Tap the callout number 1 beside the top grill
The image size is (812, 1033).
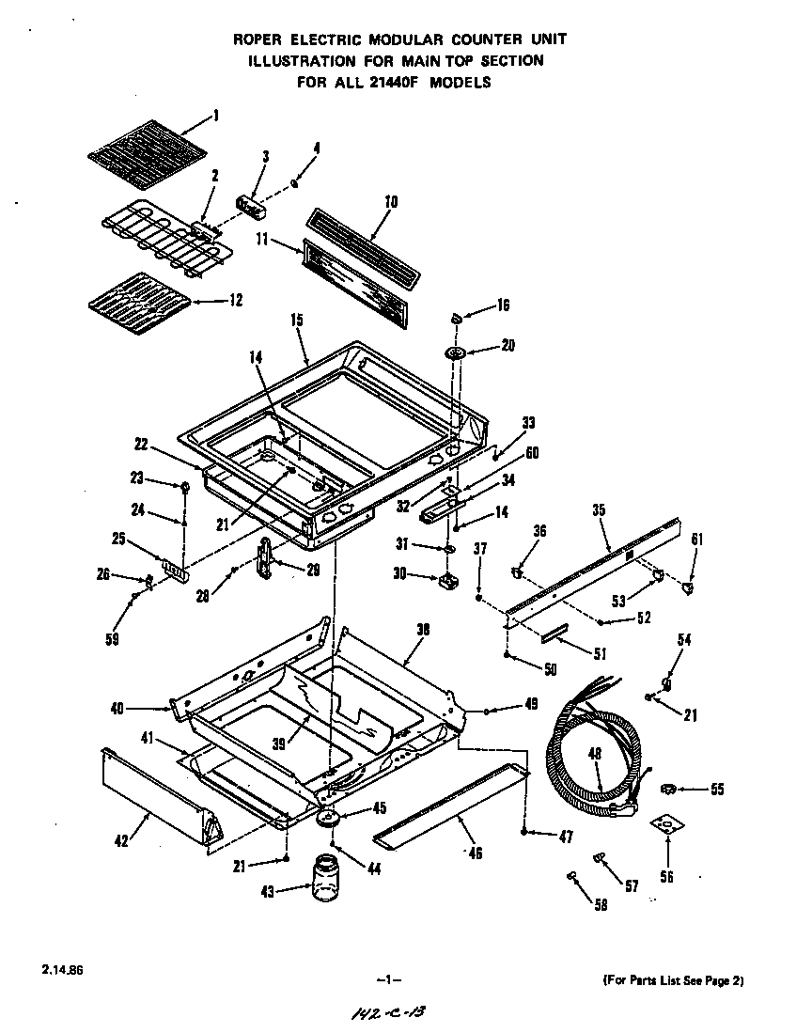[215, 116]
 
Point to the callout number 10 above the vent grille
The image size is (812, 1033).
[391, 202]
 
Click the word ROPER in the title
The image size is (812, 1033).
[259, 39]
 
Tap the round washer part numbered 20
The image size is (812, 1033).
[458, 352]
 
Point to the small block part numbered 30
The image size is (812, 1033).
[445, 580]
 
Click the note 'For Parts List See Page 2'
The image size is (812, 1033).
[673, 980]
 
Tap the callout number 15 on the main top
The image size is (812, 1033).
[297, 320]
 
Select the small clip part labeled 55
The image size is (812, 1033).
[669, 788]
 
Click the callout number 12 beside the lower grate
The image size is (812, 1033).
[235, 300]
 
